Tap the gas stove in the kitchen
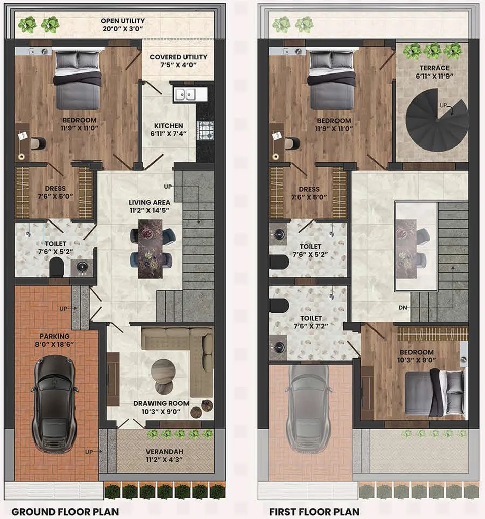click(x=206, y=130)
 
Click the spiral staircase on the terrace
click(x=437, y=121)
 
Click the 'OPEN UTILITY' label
click(x=123, y=21)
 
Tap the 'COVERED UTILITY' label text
click(x=178, y=57)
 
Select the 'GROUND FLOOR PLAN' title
click(x=65, y=511)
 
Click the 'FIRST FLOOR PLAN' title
click(x=314, y=511)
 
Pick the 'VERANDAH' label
click(x=165, y=452)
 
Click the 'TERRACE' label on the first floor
click(x=434, y=68)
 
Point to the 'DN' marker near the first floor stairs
click(x=403, y=308)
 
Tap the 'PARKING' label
click(x=55, y=337)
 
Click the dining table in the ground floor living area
click(x=151, y=248)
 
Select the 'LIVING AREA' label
click(x=150, y=202)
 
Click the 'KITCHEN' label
click(x=169, y=126)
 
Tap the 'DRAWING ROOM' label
click(x=161, y=403)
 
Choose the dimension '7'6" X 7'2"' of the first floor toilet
click(x=311, y=326)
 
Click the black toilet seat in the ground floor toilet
click(x=56, y=267)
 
